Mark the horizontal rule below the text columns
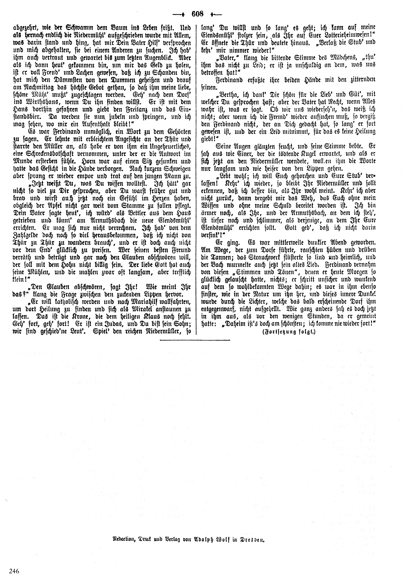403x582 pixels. (x=195, y=340)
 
